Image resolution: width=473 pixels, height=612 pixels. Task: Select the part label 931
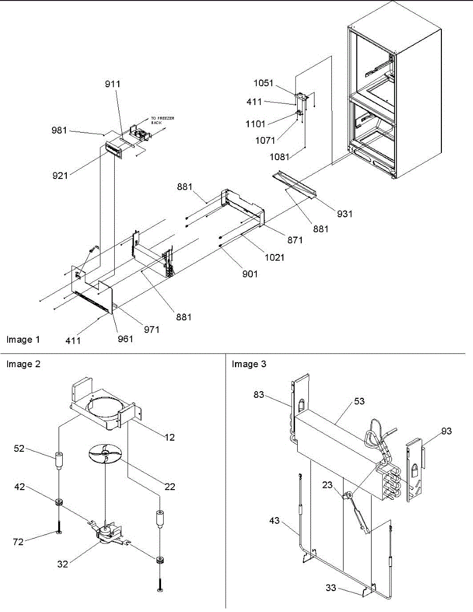[x=345, y=214]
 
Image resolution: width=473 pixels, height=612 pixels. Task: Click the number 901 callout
[x=250, y=274]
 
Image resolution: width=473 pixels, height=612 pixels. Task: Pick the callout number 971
[x=151, y=330]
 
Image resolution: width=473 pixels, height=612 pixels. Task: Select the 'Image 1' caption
[x=23, y=339]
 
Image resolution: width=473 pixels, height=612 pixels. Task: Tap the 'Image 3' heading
[x=249, y=364]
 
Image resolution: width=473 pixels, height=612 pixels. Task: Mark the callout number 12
[x=170, y=437]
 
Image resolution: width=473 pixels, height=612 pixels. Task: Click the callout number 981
[x=59, y=130]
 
